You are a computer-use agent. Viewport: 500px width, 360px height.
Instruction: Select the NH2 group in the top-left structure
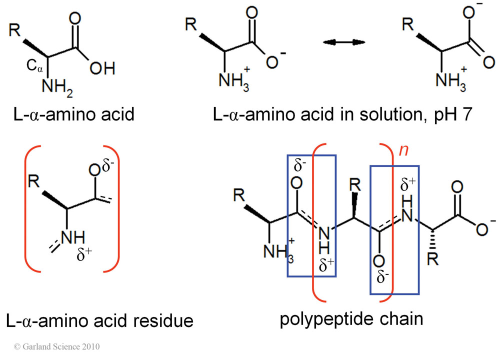pyautogui.click(x=55, y=87)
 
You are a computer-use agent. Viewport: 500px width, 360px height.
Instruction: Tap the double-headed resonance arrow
pyautogui.click(x=343, y=43)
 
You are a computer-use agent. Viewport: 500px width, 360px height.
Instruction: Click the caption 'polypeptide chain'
pyautogui.click(x=351, y=319)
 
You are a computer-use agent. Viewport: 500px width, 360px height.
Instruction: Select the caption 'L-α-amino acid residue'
pyautogui.click(x=100, y=320)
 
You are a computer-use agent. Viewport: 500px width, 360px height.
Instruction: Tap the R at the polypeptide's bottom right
pyautogui.click(x=432, y=261)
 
